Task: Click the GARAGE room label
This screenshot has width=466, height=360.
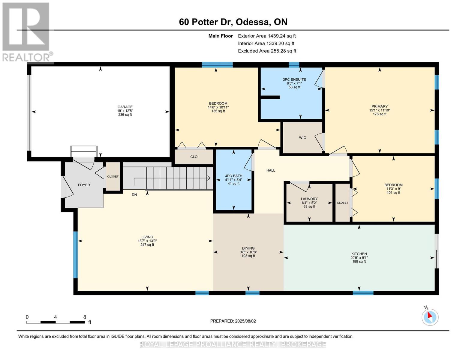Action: click(125, 107)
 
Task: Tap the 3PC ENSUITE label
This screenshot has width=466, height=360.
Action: click(294, 79)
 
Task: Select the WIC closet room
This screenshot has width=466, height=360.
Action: click(302, 138)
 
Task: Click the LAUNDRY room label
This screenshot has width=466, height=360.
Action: click(309, 199)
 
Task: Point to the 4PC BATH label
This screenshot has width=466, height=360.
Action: click(233, 176)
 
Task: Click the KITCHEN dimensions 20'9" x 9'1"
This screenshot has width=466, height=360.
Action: click(359, 258)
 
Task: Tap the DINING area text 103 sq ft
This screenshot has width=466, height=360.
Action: click(248, 256)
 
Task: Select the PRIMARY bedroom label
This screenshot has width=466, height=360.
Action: click(379, 106)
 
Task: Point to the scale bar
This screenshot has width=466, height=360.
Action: click(55, 322)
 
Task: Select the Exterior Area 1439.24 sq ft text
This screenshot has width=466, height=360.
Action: click(267, 36)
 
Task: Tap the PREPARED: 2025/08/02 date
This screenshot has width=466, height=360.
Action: click(233, 321)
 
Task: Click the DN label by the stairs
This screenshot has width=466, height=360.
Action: click(134, 195)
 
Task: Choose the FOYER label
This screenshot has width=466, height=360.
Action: click(84, 185)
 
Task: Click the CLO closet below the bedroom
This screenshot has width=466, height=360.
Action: click(194, 157)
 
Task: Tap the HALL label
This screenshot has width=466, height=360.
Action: click(271, 170)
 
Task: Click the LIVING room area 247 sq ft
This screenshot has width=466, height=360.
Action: click(147, 245)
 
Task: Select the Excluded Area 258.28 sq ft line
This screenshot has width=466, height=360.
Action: click(267, 51)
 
